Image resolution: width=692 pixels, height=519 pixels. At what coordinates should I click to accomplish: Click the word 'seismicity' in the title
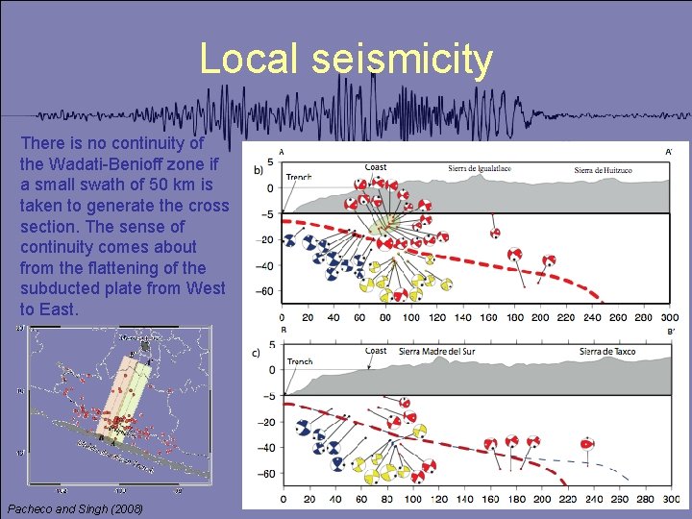[402, 60]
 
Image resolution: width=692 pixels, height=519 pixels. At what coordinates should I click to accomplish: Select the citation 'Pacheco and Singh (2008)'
[75, 507]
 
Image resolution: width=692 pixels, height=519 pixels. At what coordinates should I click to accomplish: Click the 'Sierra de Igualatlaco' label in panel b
[480, 169]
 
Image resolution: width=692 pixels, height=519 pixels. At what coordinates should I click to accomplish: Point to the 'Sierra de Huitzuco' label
[608, 170]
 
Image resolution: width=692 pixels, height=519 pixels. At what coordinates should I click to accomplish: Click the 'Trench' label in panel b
[299, 178]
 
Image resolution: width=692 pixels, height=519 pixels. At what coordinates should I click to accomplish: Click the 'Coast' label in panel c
[376, 351]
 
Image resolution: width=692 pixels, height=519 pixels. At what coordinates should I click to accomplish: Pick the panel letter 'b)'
[258, 170]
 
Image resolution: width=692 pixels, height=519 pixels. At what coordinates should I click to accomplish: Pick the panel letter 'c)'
[257, 352]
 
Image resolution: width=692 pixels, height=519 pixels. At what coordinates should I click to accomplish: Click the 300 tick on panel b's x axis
[670, 317]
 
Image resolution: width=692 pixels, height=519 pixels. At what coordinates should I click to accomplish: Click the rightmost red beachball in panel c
[587, 444]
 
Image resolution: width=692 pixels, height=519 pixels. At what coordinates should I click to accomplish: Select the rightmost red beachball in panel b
[549, 261]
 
